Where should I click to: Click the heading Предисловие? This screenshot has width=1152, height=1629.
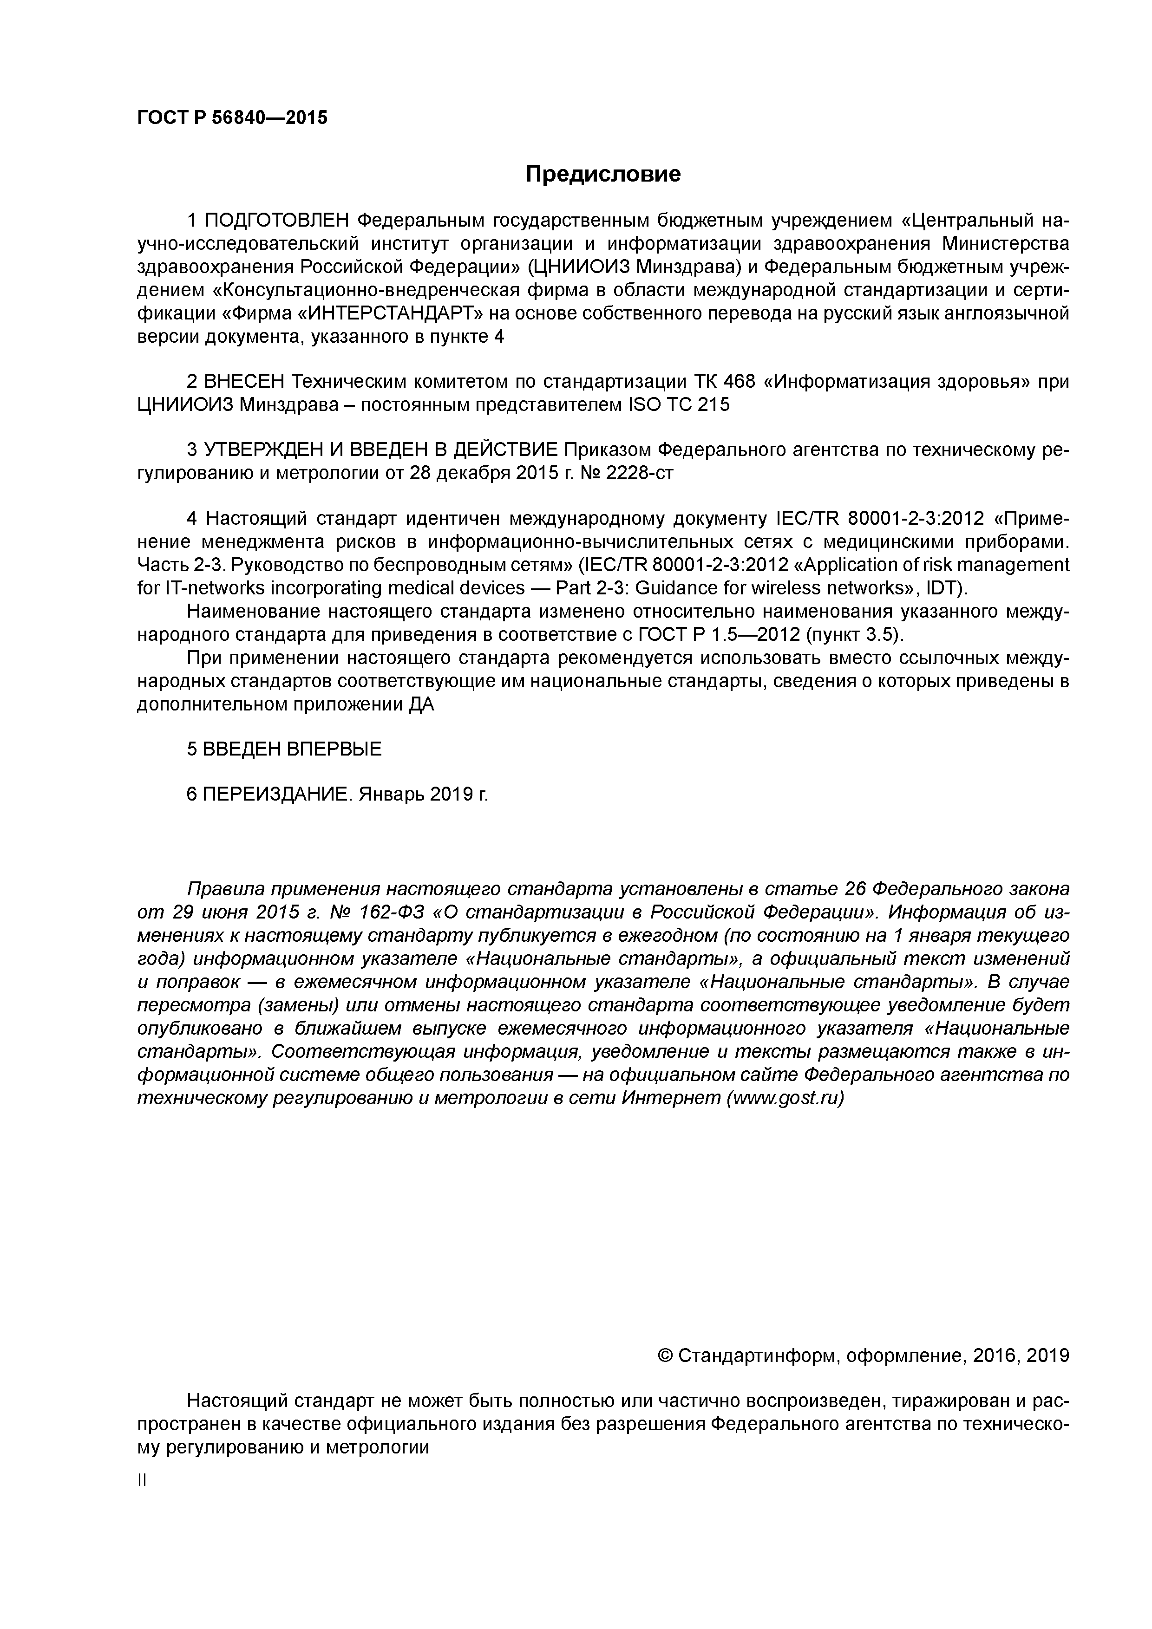pos(602,174)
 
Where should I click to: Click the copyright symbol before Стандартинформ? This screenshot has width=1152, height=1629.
pos(666,1356)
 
